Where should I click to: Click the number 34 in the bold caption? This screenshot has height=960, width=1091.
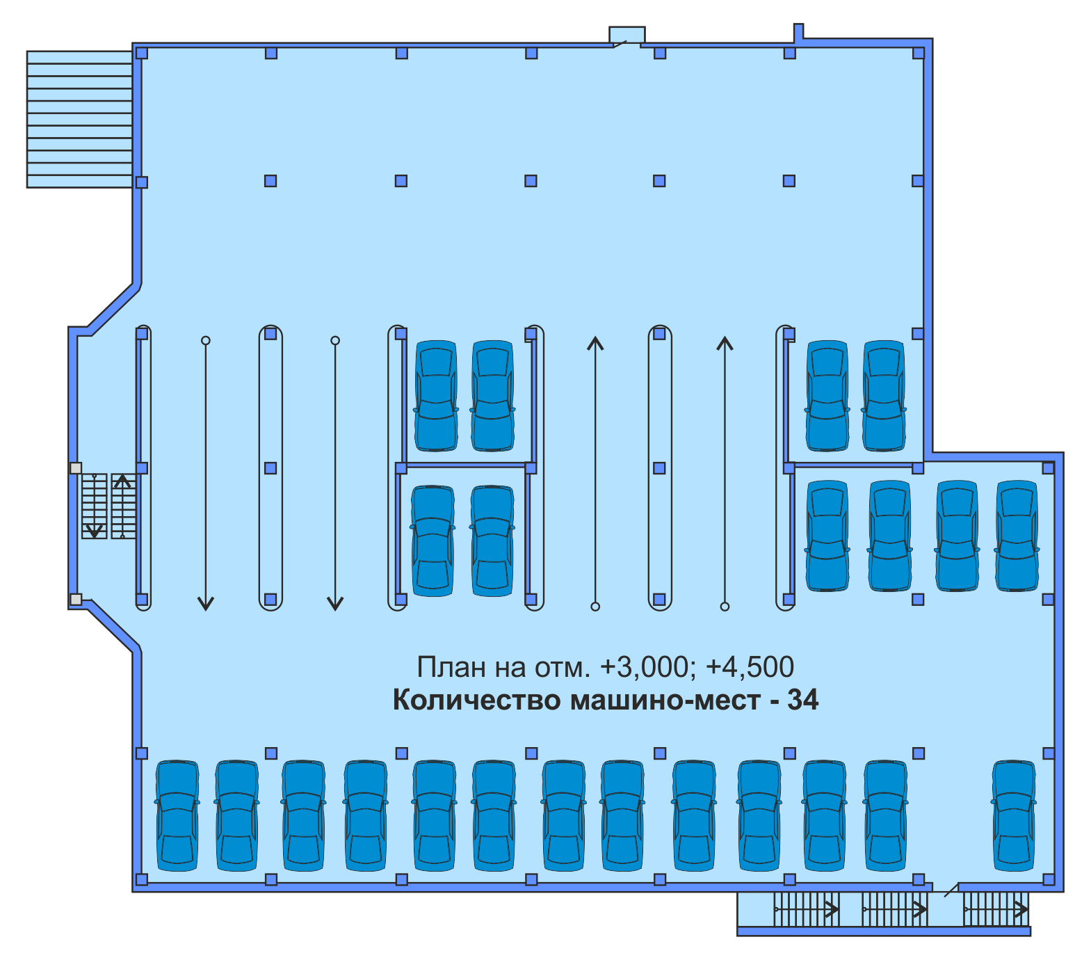click(802, 700)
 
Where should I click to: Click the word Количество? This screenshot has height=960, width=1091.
click(476, 700)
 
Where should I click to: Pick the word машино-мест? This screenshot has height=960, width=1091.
click(665, 700)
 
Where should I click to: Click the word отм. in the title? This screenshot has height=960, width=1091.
click(562, 668)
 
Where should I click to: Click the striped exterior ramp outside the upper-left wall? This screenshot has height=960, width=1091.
click(79, 119)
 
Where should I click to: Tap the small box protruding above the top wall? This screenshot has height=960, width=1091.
click(627, 35)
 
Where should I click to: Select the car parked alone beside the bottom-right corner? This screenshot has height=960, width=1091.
click(1014, 815)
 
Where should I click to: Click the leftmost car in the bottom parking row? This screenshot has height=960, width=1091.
click(177, 815)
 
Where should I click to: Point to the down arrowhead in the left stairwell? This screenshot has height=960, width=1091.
click(94, 532)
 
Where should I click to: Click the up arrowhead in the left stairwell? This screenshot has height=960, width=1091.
click(122, 481)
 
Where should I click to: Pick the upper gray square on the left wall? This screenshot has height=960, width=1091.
click(76, 468)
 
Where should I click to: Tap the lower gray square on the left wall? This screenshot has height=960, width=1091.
click(76, 599)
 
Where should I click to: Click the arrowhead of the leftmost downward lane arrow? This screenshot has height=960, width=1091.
click(206, 603)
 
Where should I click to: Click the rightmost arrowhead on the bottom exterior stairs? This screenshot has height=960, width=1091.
click(1021, 909)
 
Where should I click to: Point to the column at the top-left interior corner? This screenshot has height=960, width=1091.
click(142, 54)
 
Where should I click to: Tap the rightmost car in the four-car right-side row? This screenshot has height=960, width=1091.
click(1017, 536)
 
